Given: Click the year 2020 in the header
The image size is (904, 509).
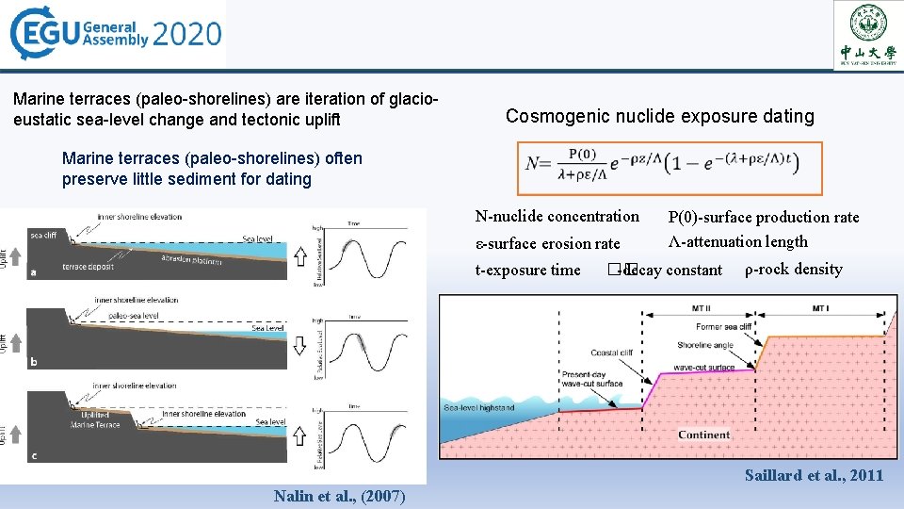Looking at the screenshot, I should [186, 36].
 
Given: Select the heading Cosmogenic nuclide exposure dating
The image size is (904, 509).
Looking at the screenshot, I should [659, 117].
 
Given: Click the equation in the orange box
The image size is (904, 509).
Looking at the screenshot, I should [670, 169].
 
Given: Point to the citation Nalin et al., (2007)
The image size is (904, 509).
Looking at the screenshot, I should [339, 496].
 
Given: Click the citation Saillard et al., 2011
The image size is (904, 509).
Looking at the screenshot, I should [814, 475].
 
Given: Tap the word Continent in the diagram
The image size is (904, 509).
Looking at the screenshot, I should [703, 435].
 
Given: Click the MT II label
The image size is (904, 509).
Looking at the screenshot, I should [700, 308].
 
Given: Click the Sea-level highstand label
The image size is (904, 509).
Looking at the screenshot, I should [479, 407].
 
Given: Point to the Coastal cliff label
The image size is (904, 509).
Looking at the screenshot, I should [613, 353].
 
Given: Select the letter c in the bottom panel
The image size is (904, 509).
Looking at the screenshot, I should [33, 456].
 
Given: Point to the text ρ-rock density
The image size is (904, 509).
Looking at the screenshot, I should [793, 269].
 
